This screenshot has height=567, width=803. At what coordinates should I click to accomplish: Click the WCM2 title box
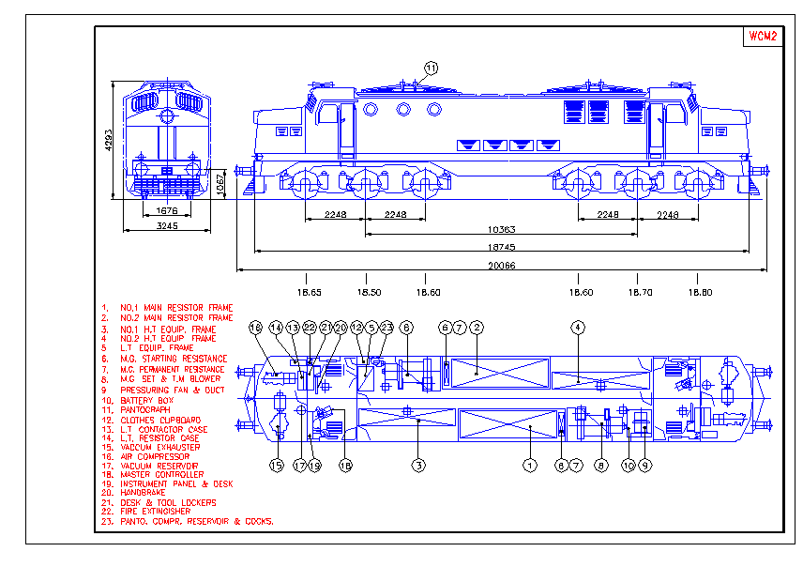(762, 37)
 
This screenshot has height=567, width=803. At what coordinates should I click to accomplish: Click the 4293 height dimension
(109, 140)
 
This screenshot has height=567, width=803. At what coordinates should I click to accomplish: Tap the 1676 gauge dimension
(167, 211)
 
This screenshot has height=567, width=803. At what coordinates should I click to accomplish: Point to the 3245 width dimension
(167, 226)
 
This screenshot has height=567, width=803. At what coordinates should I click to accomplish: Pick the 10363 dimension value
(501, 230)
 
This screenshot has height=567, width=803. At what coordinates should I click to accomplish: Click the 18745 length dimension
(501, 248)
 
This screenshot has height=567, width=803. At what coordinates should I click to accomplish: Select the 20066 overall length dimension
(501, 266)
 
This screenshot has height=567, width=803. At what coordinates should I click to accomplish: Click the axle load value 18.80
(699, 292)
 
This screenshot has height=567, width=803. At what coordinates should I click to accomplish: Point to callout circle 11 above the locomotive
(431, 68)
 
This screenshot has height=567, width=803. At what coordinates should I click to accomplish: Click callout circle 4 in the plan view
(578, 327)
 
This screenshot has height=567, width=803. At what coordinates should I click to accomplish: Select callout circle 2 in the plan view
(477, 327)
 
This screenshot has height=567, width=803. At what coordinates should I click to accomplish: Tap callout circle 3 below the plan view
(418, 465)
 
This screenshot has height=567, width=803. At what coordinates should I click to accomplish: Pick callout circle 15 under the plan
(277, 465)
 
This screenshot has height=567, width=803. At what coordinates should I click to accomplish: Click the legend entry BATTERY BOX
(148, 400)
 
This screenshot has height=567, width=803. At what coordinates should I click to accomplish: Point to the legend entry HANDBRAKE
(144, 492)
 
